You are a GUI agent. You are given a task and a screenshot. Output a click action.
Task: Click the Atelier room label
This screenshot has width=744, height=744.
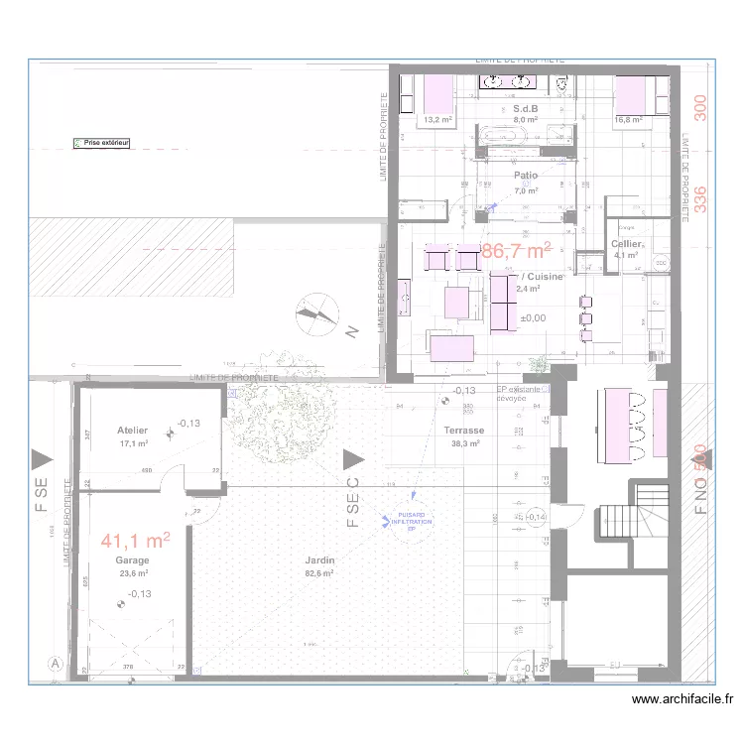click(132, 431)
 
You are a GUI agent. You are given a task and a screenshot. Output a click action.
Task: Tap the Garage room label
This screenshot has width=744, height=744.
click(132, 560)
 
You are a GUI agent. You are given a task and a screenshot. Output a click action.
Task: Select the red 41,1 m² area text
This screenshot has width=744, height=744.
click(136, 541)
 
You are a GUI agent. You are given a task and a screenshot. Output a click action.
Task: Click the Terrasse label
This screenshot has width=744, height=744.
click(464, 432)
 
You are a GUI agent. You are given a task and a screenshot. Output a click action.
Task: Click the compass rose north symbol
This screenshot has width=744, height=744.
click(317, 316)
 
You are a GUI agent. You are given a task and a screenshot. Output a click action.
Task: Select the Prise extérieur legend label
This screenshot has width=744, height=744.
click(106, 144)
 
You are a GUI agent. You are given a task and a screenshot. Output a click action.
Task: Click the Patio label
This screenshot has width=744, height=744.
click(526, 176)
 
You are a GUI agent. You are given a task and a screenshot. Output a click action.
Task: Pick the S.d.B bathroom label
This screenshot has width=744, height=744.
click(525, 108)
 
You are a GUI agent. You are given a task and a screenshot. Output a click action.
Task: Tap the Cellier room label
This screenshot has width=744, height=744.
click(626, 244)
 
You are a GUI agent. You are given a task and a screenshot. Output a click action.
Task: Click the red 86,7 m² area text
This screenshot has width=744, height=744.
click(517, 252)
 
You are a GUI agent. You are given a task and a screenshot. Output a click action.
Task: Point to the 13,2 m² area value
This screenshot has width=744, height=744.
click(437, 120)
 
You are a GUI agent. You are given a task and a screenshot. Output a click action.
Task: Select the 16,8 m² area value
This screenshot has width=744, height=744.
click(629, 120)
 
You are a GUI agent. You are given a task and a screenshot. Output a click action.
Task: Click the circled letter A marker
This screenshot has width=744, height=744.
click(56, 664)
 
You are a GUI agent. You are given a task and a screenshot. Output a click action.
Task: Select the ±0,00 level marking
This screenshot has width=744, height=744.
click(533, 318)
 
